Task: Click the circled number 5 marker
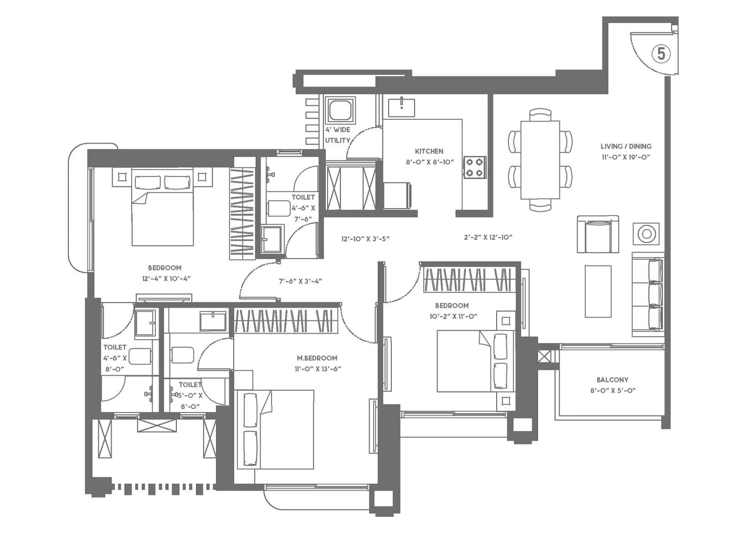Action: pos(661,54)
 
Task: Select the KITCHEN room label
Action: pos(429,151)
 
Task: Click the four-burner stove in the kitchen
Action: pos(475,167)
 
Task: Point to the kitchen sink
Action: pos(401,108)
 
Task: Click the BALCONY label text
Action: pos(612,380)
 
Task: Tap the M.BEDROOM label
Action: pos(317,358)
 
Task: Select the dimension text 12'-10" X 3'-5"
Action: pos(365,239)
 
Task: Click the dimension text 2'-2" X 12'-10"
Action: pos(488,237)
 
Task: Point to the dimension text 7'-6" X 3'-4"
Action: pos(300,282)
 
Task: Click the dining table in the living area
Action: pos(540,160)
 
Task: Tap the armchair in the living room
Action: pos(598,234)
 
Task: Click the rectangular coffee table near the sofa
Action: pos(598,291)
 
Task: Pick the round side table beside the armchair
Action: pos(646,234)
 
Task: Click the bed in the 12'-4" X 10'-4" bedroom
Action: pos(163,207)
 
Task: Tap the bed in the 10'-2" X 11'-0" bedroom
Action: pos(472,361)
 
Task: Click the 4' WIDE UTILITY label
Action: pos(338,135)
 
